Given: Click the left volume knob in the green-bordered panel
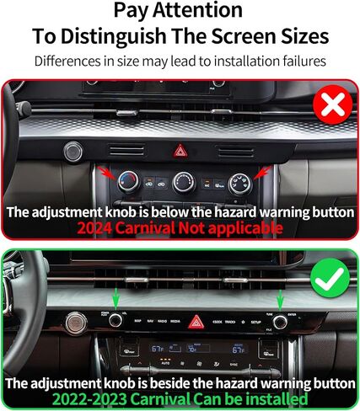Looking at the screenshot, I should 115,319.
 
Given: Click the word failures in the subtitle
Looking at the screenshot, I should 300,62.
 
